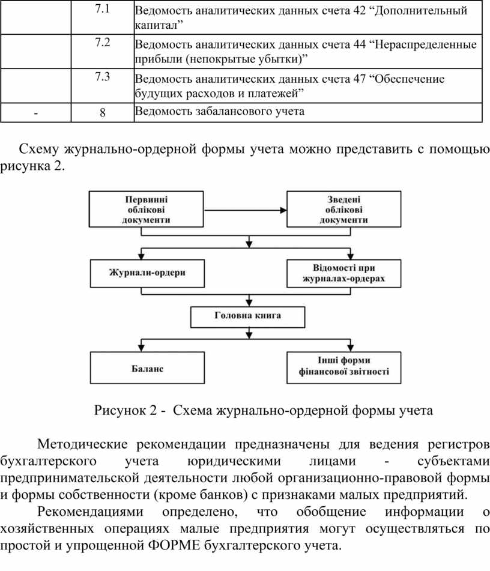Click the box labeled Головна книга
pos(248,317)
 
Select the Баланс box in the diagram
pos(147,368)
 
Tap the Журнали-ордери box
pos(147,273)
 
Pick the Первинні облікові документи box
pos(146,210)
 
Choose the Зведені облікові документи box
pos(344,210)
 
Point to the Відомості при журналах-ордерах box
pos(344,273)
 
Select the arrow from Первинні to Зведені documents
pos(245,210)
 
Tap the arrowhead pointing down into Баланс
pos(141,348)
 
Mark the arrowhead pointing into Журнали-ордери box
pos(141,256)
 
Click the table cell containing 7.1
pos(102,17)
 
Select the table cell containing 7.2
pos(102,52)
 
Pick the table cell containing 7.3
pos(102,86)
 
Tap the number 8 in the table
pos(102,112)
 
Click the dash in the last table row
pos(35,113)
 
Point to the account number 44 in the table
pos(359,44)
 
